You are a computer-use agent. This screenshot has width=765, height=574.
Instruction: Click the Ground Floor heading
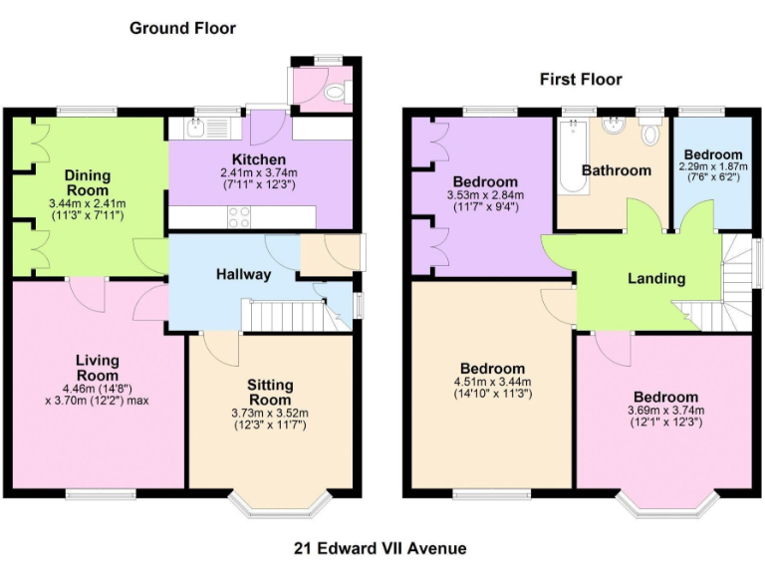tap(183, 28)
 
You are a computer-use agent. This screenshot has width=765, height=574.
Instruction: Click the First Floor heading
tap(581, 79)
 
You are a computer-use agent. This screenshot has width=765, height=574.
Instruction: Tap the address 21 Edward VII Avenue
tap(381, 548)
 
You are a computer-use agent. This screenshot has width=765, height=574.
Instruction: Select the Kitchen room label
tap(259, 159)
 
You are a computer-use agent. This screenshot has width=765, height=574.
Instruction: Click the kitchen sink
tap(195, 129)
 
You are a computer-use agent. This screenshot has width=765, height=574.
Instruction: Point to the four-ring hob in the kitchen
tap(239, 216)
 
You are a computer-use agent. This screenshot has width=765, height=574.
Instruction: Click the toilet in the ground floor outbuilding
tap(337, 92)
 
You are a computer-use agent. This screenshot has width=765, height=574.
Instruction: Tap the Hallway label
tap(243, 274)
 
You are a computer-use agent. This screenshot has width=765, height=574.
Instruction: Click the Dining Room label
tap(88, 182)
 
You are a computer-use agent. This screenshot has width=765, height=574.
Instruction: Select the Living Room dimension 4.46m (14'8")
tap(97, 389)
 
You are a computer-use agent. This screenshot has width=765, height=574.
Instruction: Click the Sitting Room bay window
tap(280, 503)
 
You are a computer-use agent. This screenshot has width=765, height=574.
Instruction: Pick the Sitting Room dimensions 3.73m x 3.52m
tap(270, 413)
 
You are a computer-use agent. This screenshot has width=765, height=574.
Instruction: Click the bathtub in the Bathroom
tap(573, 156)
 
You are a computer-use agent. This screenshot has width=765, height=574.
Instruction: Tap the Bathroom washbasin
tap(613, 125)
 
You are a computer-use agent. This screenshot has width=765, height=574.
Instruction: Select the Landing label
tap(656, 278)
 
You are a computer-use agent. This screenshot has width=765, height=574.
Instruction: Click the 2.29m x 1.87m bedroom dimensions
tap(713, 166)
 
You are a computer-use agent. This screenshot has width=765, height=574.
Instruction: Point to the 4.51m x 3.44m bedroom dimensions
tap(493, 382)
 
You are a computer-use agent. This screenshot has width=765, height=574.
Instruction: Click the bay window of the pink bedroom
tap(667, 503)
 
